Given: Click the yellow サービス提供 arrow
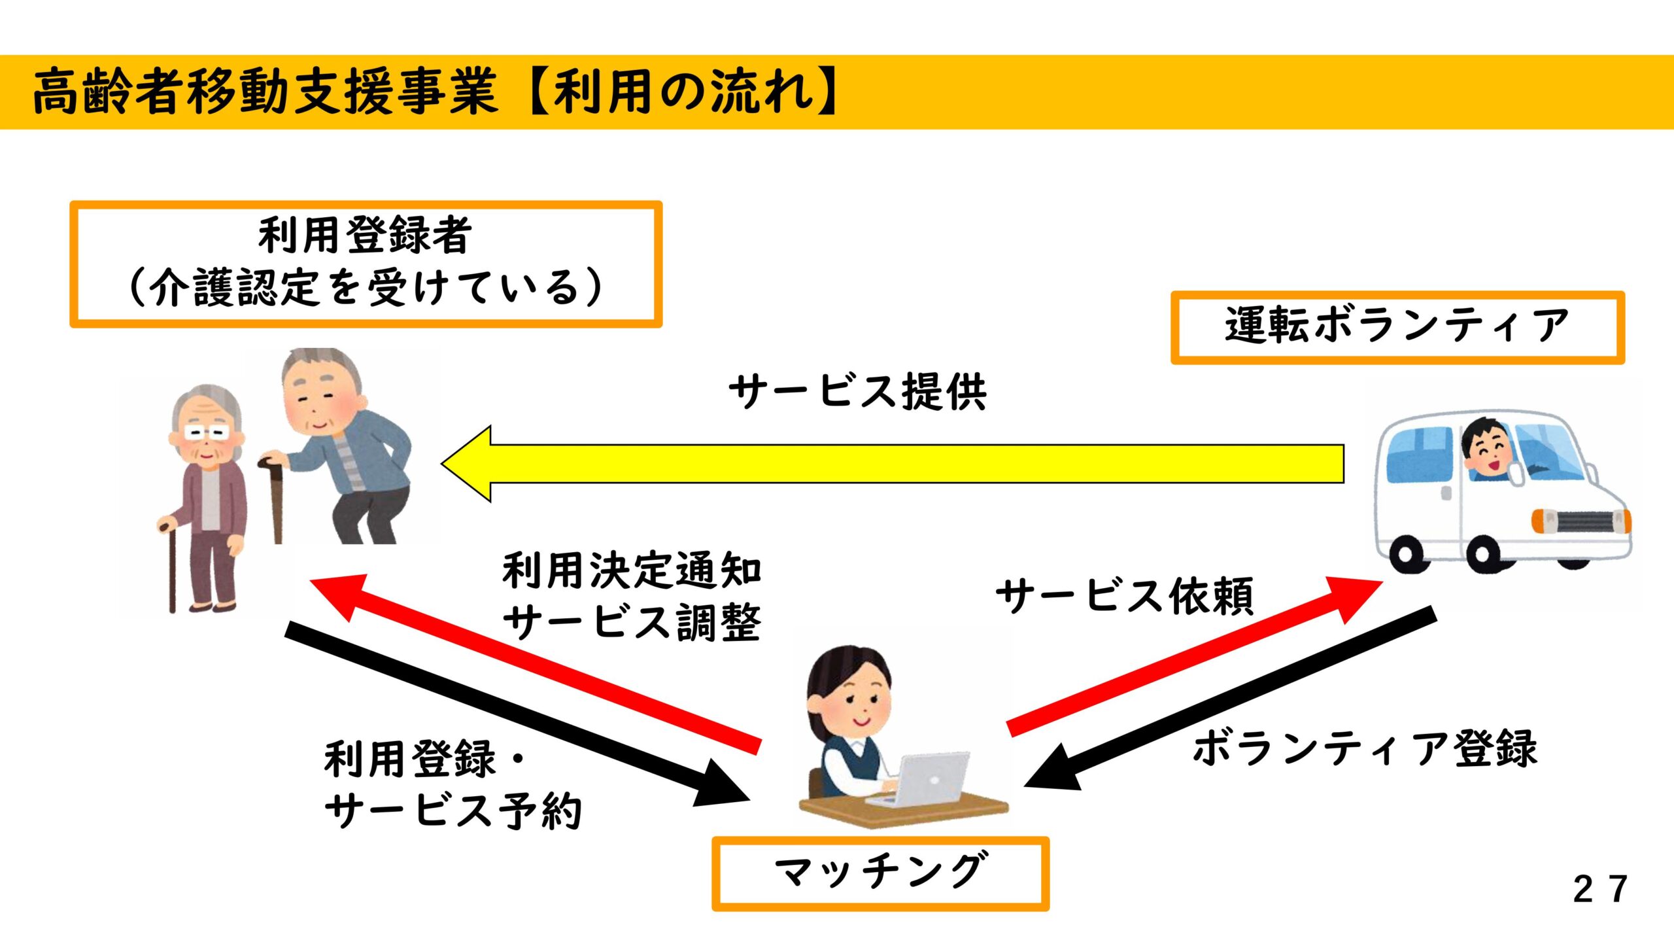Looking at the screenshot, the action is click(893, 464).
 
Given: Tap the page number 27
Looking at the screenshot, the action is click(1599, 889).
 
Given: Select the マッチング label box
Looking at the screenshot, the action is click(880, 873).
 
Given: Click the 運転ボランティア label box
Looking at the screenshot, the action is click(1397, 327).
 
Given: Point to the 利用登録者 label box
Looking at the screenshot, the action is click(366, 264).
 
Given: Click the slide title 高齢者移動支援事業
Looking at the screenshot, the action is click(265, 92).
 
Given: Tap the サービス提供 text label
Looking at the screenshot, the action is click(857, 392).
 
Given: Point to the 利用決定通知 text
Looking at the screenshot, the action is click(632, 570).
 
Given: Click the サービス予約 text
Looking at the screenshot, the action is click(453, 811).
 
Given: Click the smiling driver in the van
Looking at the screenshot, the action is click(1488, 449).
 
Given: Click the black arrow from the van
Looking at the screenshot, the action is click(1229, 699).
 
